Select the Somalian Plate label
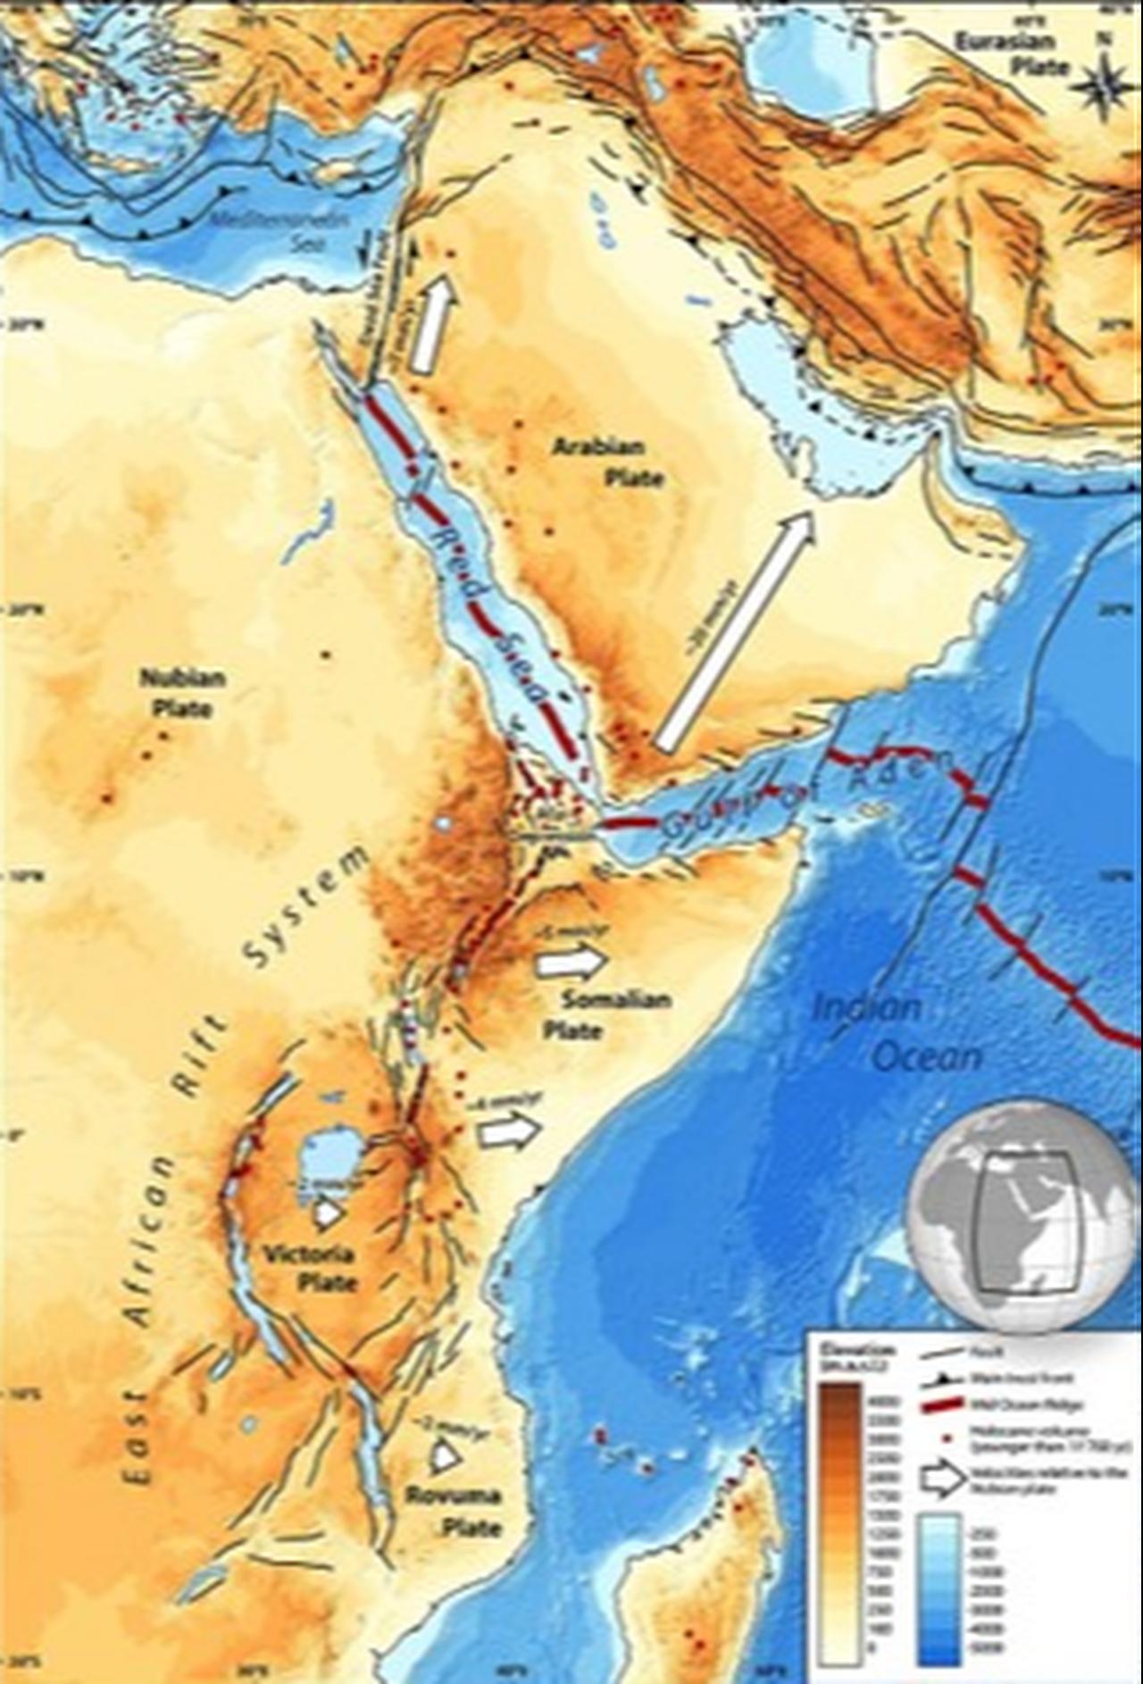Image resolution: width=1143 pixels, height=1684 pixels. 607,1014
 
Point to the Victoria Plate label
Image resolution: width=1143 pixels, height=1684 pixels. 309,1268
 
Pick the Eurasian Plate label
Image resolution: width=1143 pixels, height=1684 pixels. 1012,54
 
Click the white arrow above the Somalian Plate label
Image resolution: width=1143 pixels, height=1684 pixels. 572,962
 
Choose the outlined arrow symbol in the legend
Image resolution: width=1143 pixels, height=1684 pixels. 943,1479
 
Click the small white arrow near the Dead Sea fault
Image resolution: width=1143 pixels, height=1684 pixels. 434,323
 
